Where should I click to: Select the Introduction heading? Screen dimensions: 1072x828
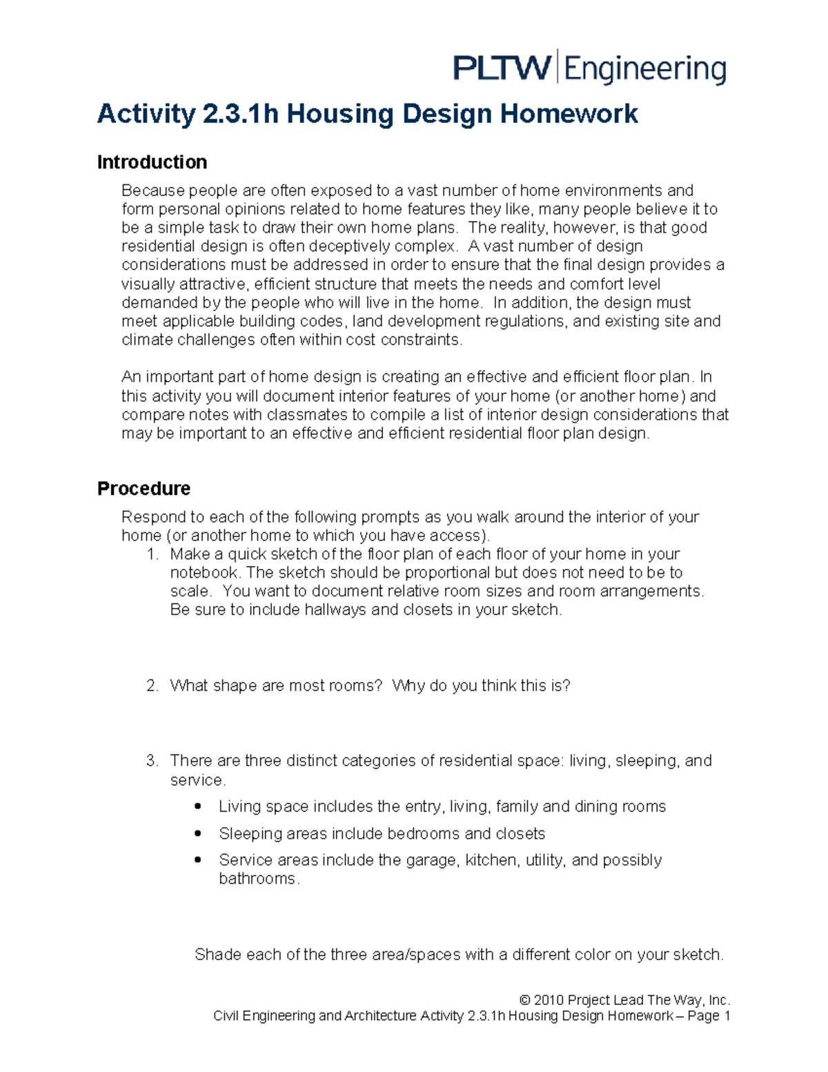pos(152,162)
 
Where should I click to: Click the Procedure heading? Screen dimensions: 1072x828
pos(144,489)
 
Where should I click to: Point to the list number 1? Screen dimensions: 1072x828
pos(152,554)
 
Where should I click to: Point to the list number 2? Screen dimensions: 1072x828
pos(152,685)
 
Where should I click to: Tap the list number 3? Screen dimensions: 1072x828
pos(152,761)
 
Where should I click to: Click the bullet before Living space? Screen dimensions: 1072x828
pos(199,806)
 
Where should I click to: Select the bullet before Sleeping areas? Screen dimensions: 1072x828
pos(199,833)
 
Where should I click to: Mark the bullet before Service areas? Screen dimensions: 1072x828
pos(199,860)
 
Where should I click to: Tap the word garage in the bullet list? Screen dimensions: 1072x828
pos(432,860)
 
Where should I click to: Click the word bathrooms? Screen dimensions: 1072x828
pos(257,879)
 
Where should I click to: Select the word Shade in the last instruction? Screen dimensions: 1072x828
pos(218,955)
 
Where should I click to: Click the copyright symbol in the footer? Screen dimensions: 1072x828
pos(525,1000)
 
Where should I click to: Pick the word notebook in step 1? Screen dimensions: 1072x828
pos(204,573)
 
